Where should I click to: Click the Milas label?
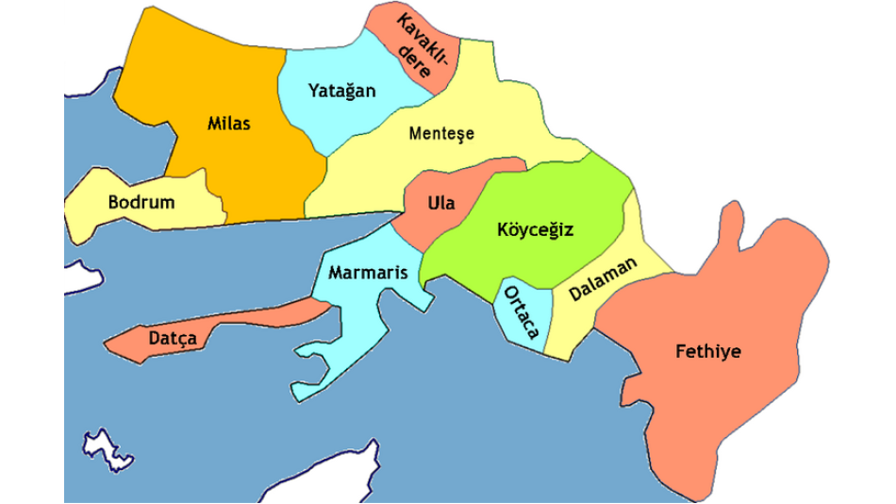tap(229, 123)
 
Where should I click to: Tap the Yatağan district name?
tap(341, 91)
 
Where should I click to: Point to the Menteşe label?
tap(441, 133)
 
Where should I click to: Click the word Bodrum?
tap(141, 202)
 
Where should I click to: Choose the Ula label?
tap(440, 203)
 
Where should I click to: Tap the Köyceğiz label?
tap(536, 228)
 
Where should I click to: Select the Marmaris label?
tap(368, 273)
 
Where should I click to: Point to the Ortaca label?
tap(521, 312)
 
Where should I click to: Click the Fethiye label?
tap(707, 352)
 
